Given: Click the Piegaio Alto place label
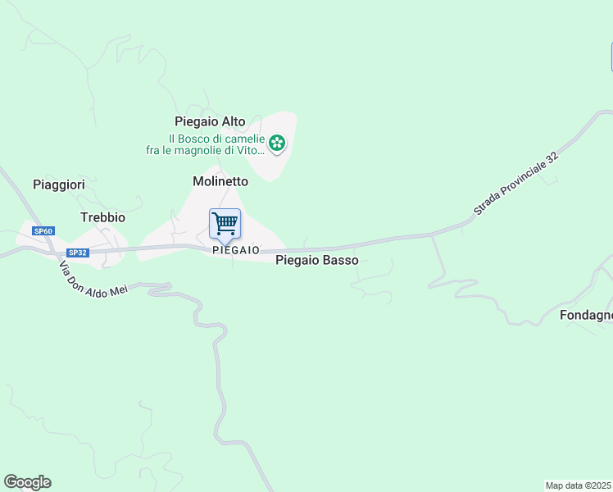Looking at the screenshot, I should [x=210, y=121].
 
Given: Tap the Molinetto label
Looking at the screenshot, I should [x=220, y=180].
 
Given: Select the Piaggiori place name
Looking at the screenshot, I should [x=59, y=184].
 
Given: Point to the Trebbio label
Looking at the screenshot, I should [x=102, y=217].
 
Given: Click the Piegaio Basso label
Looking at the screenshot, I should [x=316, y=260].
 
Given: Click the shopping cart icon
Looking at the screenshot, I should [x=225, y=222].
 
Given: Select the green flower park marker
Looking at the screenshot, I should [x=278, y=144].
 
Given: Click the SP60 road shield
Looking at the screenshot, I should [x=43, y=231].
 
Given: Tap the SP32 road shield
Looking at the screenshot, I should [x=78, y=253].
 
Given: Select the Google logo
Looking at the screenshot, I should [x=27, y=482].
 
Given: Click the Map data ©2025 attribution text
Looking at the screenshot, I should [x=579, y=485].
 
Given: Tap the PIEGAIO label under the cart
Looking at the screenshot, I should [x=235, y=249].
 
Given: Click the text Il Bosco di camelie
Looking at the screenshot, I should [x=216, y=139].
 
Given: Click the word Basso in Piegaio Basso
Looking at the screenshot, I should [x=340, y=260].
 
